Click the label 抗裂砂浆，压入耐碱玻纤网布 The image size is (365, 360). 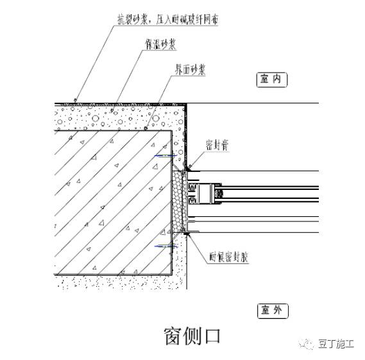tap(167, 20)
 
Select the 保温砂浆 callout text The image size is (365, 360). tap(160, 44)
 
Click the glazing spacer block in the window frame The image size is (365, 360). tap(210, 192)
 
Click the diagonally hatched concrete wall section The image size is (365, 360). tap(109, 199)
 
